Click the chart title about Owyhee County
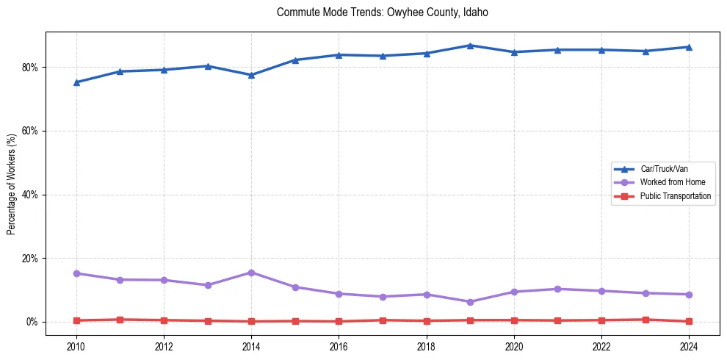tap(382, 12)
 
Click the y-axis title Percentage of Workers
tap(12, 184)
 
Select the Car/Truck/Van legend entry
tap(664, 169)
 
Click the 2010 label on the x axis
tap(76, 345)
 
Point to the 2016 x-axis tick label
tap(339, 345)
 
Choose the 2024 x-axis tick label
tap(689, 345)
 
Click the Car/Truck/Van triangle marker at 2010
tap(76, 82)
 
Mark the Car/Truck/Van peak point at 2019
tap(470, 46)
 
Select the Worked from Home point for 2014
tap(251, 273)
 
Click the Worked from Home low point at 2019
tap(470, 302)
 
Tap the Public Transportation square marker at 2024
tap(689, 321)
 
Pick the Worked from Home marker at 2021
tap(557, 289)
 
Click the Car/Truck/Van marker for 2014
tap(251, 75)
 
